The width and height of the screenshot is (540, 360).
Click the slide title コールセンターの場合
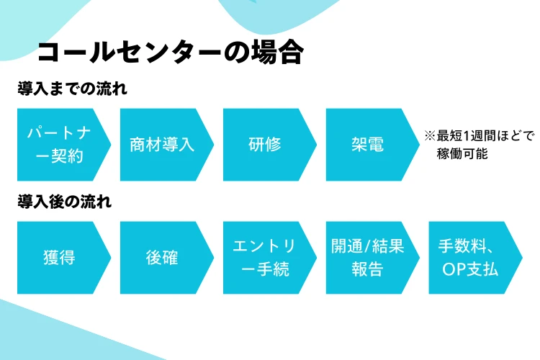click(x=171, y=52)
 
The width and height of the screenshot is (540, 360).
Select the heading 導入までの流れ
click(x=72, y=89)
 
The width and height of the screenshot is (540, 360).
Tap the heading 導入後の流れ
click(x=64, y=202)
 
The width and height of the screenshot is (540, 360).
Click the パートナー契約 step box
click(x=64, y=145)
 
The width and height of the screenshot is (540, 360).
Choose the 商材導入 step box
click(x=167, y=145)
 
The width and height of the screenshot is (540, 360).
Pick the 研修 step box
click(x=270, y=145)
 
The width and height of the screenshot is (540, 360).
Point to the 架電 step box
click(x=373, y=145)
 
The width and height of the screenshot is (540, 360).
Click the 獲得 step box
click(x=64, y=258)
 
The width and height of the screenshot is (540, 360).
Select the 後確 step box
click(x=167, y=258)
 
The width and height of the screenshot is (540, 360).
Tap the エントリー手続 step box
click(x=270, y=258)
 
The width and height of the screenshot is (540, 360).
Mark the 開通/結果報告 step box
click(x=373, y=258)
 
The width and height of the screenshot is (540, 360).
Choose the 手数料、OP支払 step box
click(x=476, y=258)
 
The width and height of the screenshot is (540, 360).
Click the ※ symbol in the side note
click(x=430, y=136)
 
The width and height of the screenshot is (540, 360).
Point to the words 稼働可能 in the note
click(x=462, y=153)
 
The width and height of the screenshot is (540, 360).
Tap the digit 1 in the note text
click(x=467, y=136)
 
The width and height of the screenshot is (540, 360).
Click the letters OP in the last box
click(x=454, y=270)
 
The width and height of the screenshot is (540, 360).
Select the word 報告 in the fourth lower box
click(x=367, y=269)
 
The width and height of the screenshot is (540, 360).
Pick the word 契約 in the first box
click(x=68, y=156)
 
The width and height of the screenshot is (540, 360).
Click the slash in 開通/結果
click(x=367, y=246)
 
